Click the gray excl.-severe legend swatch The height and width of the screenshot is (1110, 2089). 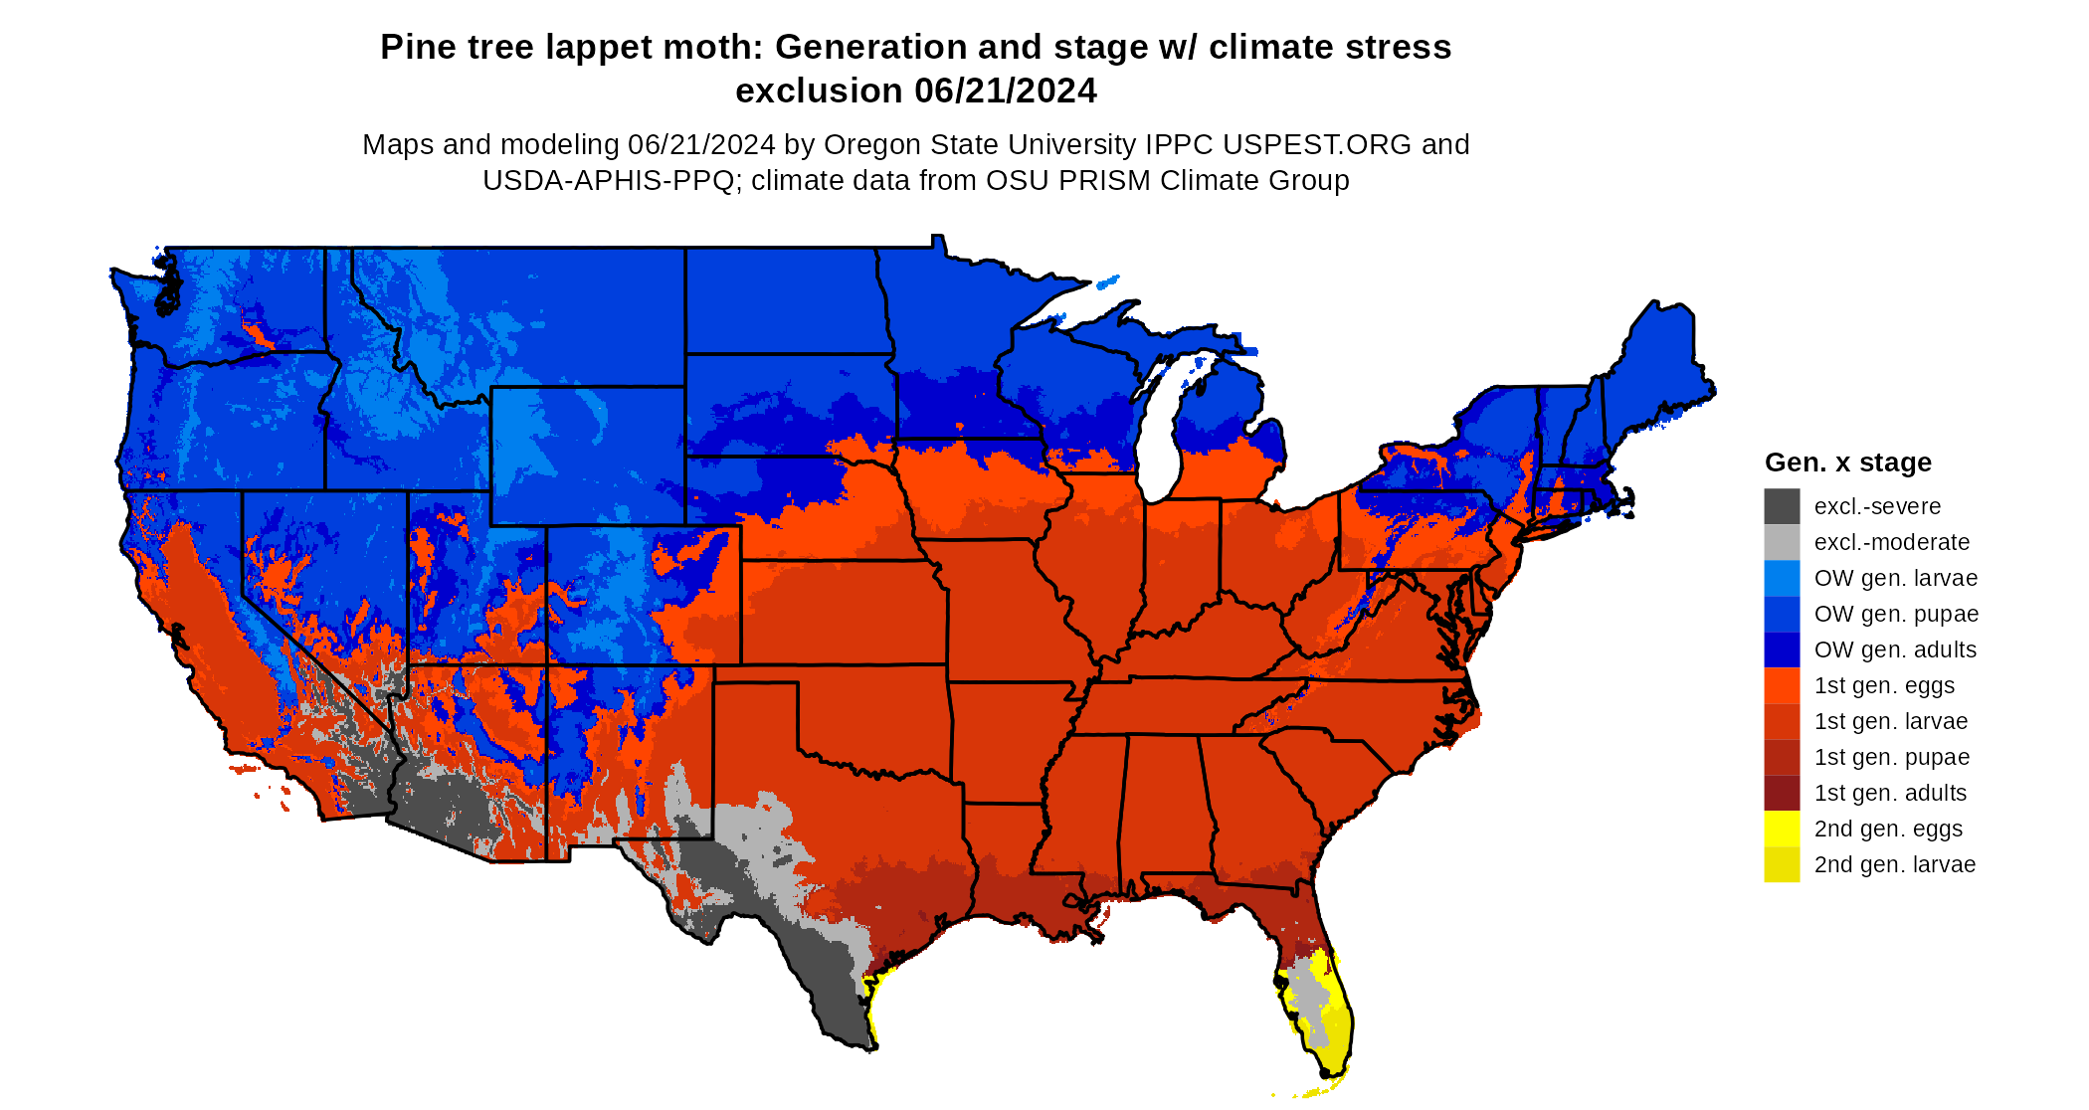1782,506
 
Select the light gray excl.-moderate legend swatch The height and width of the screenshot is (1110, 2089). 1782,542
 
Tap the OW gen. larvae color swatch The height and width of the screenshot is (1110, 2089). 1782,578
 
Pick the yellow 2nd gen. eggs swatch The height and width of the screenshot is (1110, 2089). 1782,829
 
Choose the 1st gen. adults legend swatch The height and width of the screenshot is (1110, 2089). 1782,793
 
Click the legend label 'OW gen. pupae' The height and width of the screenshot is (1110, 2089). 1896,614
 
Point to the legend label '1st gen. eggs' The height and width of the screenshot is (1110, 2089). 1884,685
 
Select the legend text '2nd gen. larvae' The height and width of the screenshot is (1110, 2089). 1894,864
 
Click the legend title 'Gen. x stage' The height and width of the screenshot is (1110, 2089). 1847,462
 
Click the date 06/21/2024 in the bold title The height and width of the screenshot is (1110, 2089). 1006,91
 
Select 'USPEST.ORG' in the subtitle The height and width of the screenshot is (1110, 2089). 1317,145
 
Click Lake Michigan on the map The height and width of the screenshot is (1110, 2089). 1157,438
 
